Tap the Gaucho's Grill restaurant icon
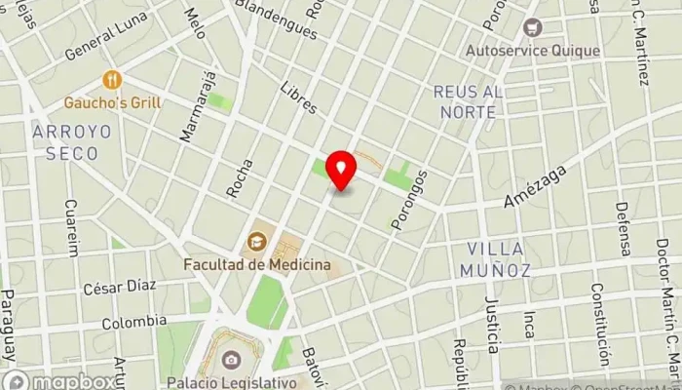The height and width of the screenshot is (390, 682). coord(113,81)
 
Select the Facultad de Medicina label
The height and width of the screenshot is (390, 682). coord(257,264)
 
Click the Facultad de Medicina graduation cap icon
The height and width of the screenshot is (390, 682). coord(256,241)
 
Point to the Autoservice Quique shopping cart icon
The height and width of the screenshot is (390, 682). coord(531,27)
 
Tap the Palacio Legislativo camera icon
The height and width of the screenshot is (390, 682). coord(230,360)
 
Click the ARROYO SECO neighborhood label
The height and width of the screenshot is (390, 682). coord(65,142)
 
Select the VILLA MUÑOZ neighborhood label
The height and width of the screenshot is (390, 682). coord(498,258)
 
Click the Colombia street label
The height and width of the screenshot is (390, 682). coord(133,321)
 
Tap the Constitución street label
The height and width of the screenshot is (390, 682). coord(599,336)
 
